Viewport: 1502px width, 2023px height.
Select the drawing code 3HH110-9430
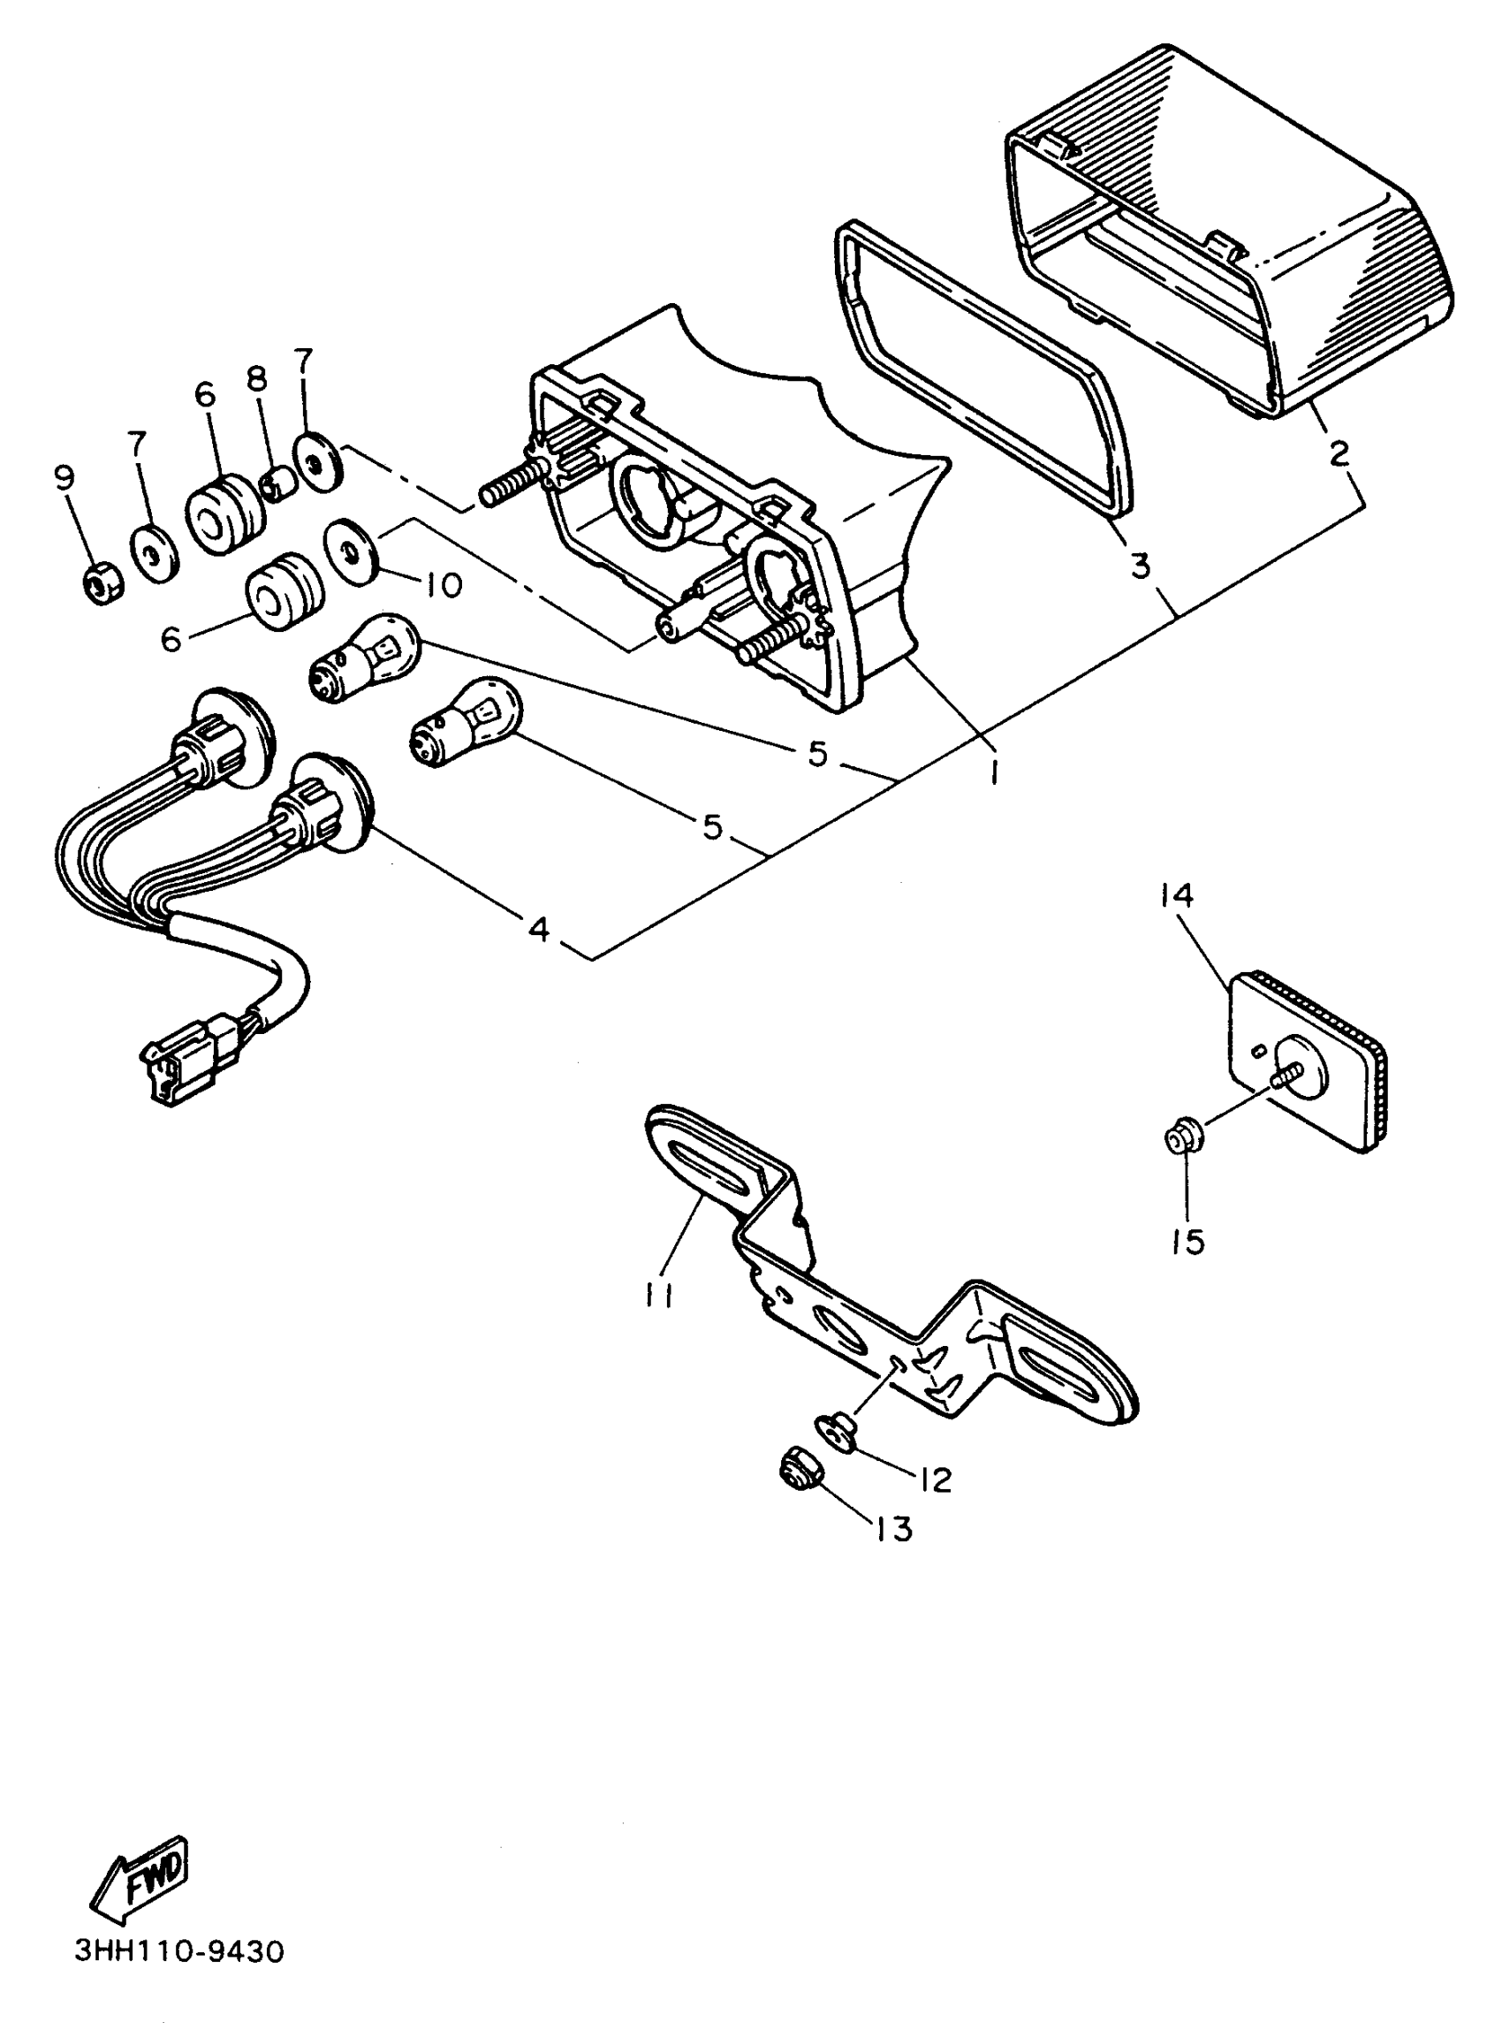(180, 1951)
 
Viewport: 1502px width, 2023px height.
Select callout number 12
(933, 1480)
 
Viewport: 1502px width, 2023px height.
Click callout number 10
(440, 583)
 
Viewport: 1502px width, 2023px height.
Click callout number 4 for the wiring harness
(539, 928)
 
